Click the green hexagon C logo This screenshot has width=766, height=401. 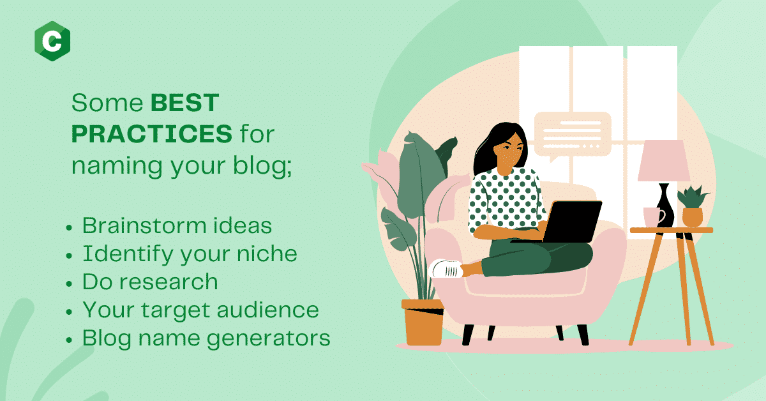coord(52,41)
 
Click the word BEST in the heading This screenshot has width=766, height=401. coord(185,103)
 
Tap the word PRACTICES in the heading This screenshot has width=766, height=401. coord(152,134)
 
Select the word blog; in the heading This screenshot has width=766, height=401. coord(262,166)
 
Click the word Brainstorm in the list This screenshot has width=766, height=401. coord(144,226)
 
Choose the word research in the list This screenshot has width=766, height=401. coord(169,282)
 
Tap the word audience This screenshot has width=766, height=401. coord(267,310)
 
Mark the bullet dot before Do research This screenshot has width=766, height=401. coord(69,284)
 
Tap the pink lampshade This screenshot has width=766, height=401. coord(664,160)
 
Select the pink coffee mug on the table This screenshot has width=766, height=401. coord(654,217)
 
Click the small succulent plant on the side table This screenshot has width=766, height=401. coord(693,206)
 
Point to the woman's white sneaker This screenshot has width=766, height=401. coord(446,269)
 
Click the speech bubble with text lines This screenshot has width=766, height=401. coord(573,136)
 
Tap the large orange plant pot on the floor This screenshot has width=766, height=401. coord(423,322)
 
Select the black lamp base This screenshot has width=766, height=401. coord(665,206)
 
